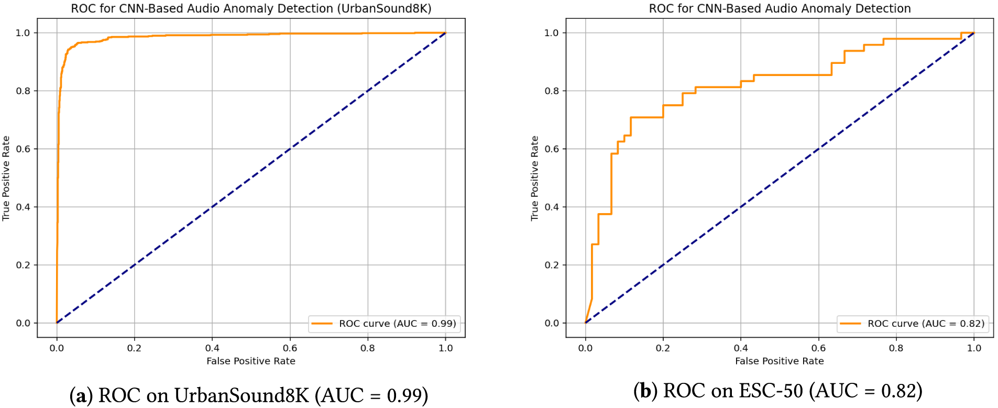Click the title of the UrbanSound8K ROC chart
click(251, 8)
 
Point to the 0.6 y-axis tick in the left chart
click(23, 149)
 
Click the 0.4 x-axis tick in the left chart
click(212, 348)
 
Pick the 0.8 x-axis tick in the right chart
click(896, 348)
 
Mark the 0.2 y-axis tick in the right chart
click(552, 265)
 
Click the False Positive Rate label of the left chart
click(251, 361)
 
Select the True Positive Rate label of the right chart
click(534, 178)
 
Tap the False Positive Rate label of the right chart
click(780, 361)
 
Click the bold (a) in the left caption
click(81, 395)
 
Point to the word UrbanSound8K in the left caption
click(242, 395)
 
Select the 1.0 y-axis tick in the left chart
click(23, 32)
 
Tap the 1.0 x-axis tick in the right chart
click(974, 348)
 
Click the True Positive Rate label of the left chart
click(6, 178)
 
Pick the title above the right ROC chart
click(780, 8)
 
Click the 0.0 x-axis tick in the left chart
click(57, 348)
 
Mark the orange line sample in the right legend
click(850, 324)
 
